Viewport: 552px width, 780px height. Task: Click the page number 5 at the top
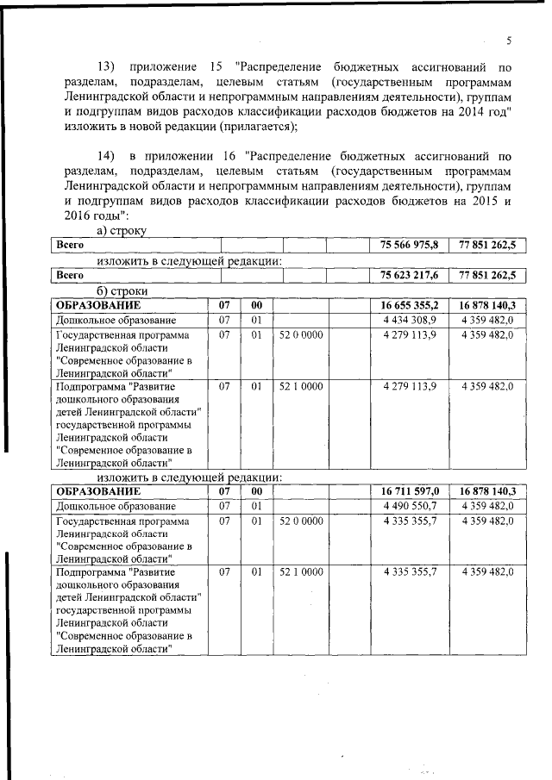click(509, 41)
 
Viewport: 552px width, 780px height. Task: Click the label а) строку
click(122, 231)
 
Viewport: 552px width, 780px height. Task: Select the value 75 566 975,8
click(409, 246)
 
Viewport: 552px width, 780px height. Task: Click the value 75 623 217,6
click(409, 276)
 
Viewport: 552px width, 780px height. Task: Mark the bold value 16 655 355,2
click(409, 305)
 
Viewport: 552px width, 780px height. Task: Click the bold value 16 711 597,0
click(409, 491)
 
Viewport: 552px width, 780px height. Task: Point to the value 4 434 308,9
click(409, 320)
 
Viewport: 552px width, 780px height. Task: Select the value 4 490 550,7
click(409, 506)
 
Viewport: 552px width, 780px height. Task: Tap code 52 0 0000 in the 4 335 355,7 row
click(301, 521)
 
